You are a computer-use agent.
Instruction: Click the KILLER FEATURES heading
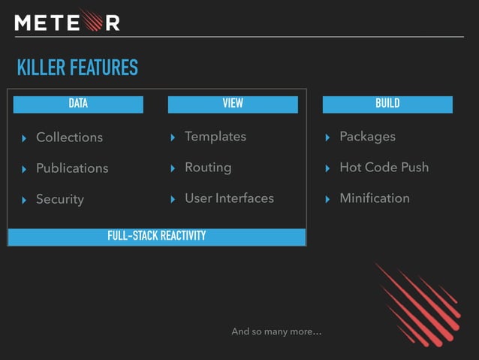[77, 68]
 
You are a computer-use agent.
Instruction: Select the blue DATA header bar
[78, 104]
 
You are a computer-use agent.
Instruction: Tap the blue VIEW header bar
[233, 104]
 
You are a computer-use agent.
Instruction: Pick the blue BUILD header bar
[387, 104]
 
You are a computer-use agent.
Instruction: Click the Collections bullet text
[69, 137]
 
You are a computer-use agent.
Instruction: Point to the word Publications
[72, 168]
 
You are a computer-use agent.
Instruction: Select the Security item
[60, 199]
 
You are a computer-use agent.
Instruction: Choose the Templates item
[215, 136]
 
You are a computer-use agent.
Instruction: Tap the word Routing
[208, 168]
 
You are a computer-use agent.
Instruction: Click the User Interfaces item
[229, 198]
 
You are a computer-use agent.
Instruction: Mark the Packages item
[367, 136]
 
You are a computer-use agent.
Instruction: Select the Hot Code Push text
[384, 168]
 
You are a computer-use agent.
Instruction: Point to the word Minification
[375, 198]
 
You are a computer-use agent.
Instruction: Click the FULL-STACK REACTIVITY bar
[156, 237]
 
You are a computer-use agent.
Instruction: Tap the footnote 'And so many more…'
[276, 331]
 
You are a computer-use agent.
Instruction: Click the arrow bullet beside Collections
[24, 138]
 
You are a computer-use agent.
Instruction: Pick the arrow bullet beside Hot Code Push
[327, 168]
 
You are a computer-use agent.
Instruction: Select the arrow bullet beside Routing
[173, 168]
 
